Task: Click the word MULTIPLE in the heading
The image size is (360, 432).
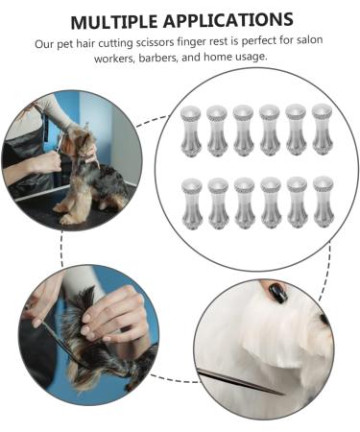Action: click(114, 22)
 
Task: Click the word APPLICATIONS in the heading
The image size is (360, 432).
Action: click(228, 20)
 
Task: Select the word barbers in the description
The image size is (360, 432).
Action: click(158, 59)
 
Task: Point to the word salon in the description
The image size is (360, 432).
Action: click(310, 40)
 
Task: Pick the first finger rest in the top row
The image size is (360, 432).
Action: click(191, 132)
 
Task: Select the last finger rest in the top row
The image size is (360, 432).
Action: click(323, 130)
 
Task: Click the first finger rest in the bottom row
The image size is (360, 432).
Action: click(192, 204)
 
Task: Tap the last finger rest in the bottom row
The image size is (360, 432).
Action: click(324, 202)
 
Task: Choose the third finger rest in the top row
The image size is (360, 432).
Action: click(244, 131)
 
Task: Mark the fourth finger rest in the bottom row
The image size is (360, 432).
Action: click(271, 203)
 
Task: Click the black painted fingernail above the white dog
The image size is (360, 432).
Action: click(277, 293)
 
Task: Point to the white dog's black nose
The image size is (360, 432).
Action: click(324, 319)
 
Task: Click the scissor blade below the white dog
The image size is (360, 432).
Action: click(240, 382)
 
